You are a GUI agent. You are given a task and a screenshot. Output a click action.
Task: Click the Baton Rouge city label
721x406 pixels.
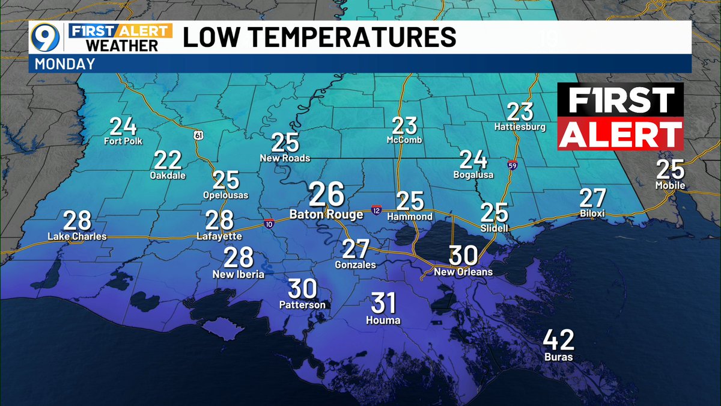[326, 214]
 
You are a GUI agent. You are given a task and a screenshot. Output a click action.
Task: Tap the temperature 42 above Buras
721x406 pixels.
[559, 340]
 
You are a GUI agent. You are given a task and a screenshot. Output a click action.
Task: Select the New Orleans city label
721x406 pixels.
[463, 272]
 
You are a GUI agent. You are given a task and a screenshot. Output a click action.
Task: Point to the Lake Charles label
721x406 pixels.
[77, 236]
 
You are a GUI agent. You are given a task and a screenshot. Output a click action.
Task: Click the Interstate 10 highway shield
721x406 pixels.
[268, 224]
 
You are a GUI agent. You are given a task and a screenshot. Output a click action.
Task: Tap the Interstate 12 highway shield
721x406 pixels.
[376, 209]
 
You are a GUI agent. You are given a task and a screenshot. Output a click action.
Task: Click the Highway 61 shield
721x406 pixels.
[198, 135]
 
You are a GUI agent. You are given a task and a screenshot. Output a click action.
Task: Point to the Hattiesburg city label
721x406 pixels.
[520, 127]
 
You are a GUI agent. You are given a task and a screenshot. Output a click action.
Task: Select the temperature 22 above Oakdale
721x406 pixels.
[168, 161]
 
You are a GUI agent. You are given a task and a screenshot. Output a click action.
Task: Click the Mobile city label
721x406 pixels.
[671, 185]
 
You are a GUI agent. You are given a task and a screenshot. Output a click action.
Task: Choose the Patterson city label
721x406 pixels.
[302, 305]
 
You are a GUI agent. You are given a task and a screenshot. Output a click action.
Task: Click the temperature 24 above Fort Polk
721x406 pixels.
[123, 127]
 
